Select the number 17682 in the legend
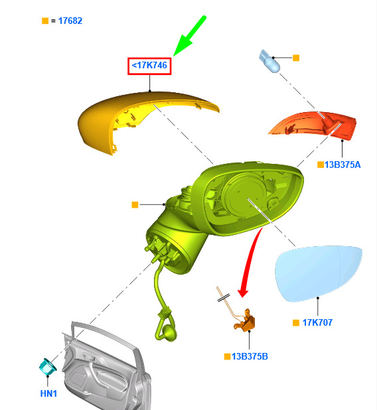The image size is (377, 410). coord(70,21)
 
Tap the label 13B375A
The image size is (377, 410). coord(342,165)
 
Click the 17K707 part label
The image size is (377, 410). coord(317,322)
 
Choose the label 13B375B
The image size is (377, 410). coord(250,356)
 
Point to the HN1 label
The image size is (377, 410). coord(48,393)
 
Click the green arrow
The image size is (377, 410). coord(189,36)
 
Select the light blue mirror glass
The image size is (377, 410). coord(318,273)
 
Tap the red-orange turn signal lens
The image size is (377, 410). coord(314,124)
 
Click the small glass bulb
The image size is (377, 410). coord(269,62)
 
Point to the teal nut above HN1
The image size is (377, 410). coord(48,366)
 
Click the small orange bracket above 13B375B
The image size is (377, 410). coord(245,322)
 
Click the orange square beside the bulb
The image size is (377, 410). coord(296,58)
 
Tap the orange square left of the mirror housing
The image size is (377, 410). coord(135,205)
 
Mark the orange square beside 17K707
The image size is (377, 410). coord(296,322)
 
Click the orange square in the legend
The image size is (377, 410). coord(45,21)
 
